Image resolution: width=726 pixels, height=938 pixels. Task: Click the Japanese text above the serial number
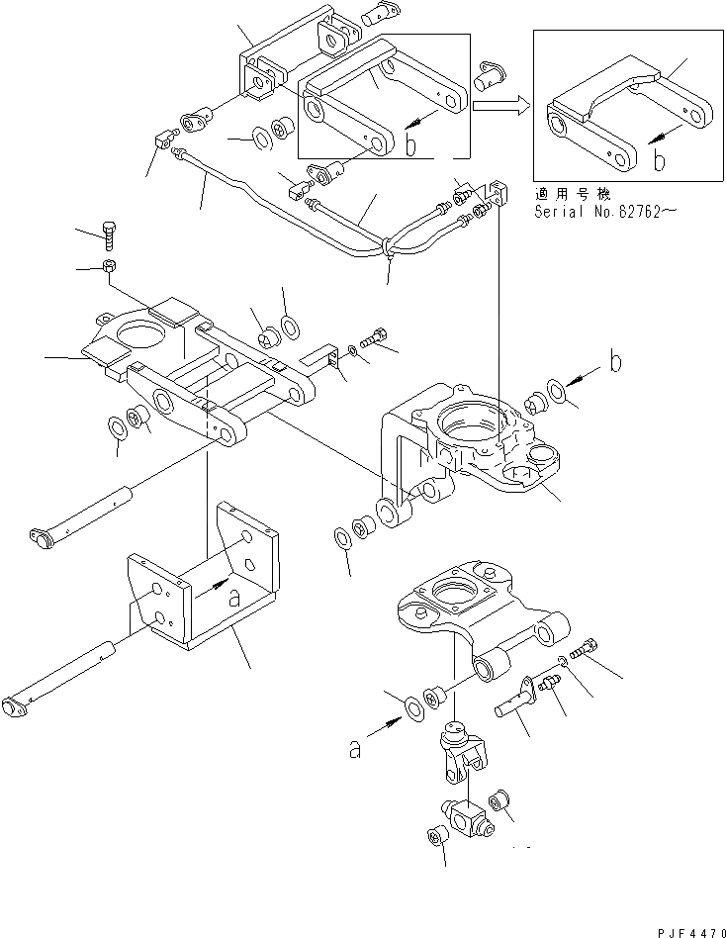[x=574, y=194]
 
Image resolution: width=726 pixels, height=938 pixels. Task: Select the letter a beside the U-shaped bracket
[x=234, y=597]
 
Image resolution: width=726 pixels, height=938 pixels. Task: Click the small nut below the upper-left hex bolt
[x=110, y=266]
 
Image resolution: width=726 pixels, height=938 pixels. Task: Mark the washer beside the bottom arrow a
[x=408, y=707]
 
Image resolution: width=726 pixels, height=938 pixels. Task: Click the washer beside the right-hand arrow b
[x=556, y=393]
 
